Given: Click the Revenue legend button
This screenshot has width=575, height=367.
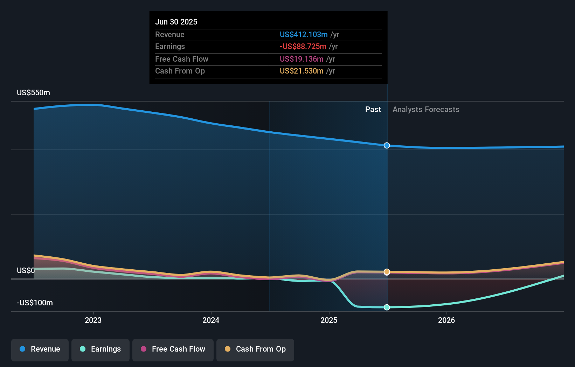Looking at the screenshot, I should click(x=40, y=349).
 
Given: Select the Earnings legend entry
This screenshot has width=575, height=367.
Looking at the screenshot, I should click(x=101, y=349).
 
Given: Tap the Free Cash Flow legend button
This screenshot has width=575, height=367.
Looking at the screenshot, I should click(x=173, y=349).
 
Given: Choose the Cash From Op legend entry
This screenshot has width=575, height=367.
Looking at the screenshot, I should click(x=255, y=349).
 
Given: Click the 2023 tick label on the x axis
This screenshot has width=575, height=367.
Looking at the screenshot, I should click(x=93, y=320).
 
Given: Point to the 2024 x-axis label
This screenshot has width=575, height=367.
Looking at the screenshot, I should click(x=211, y=320).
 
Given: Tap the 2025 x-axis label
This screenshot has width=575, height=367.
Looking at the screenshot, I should click(x=329, y=320).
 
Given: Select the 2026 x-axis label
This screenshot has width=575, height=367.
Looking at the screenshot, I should click(x=446, y=320).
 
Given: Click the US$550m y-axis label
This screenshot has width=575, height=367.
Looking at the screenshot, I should click(x=34, y=93).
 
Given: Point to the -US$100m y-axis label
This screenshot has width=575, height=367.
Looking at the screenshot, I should click(x=35, y=303).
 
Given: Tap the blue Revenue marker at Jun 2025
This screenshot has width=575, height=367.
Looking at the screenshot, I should click(x=387, y=145).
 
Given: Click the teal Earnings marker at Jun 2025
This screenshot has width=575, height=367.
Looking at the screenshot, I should click(x=387, y=307).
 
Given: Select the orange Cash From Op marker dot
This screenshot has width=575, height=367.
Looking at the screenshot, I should click(x=387, y=272).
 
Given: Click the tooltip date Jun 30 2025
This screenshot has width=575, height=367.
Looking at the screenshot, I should click(x=176, y=22).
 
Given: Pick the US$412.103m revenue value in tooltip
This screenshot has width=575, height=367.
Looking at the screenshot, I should click(x=304, y=35).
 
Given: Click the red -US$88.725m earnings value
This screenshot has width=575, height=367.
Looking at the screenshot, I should click(x=303, y=47).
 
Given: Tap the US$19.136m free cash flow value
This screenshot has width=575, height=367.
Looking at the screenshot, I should click(x=302, y=59).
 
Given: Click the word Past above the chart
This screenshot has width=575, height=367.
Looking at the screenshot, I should click(x=373, y=110).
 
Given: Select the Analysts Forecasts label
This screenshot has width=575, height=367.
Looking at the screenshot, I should click(x=426, y=110).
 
